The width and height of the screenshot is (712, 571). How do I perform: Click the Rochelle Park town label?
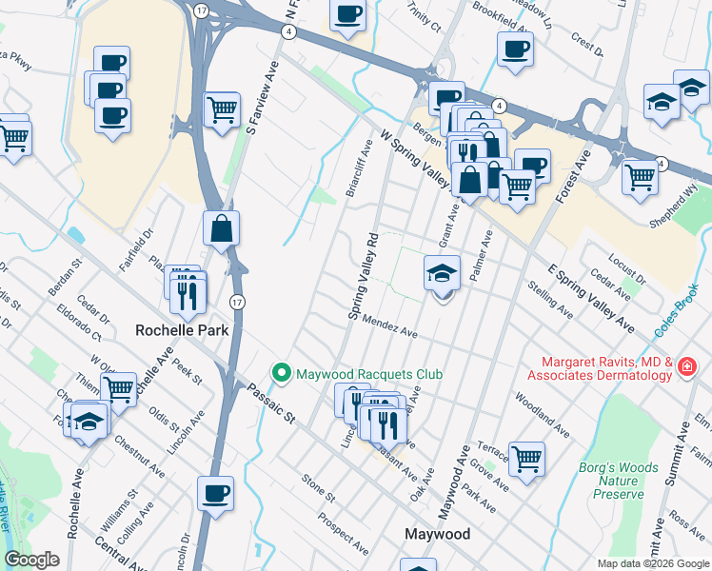(x=178, y=332)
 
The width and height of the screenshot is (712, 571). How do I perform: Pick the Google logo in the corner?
(x=31, y=559)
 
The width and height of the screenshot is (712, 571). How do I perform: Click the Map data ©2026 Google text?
(x=653, y=562)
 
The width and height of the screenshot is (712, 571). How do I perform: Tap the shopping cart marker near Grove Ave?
(x=526, y=458)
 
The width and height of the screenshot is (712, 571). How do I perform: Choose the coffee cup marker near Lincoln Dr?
(x=215, y=493)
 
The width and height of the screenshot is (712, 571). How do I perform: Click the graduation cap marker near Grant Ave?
(x=442, y=273)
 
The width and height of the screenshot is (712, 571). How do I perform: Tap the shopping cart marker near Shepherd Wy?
(x=641, y=175)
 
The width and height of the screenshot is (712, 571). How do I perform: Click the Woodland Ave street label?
(x=542, y=415)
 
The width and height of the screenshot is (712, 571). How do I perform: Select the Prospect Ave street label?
(x=344, y=535)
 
